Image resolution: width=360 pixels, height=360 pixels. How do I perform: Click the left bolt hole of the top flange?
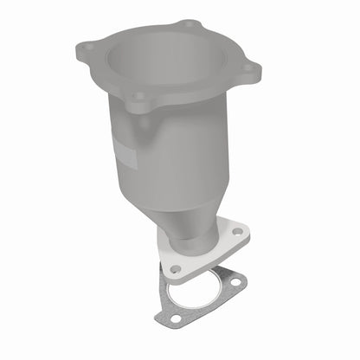pyautogui.click(x=88, y=47)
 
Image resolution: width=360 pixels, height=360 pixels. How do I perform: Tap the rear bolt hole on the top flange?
pyautogui.click(x=190, y=24)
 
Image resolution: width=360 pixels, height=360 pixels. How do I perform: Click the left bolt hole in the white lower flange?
pyautogui.click(x=176, y=268)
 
